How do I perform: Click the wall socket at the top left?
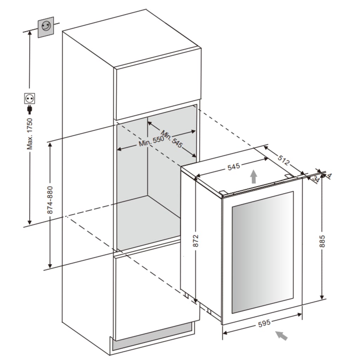click(46, 27)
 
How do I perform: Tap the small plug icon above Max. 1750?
click(30, 109)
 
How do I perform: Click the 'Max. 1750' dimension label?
click(30, 133)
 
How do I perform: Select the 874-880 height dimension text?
click(50, 200)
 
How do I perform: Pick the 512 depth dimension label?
click(283, 160)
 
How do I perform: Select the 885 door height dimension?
click(322, 241)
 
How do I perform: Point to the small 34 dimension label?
click(316, 179)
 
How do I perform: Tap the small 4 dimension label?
click(329, 175)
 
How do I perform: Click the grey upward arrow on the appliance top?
click(253, 176)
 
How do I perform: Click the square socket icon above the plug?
click(30, 98)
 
